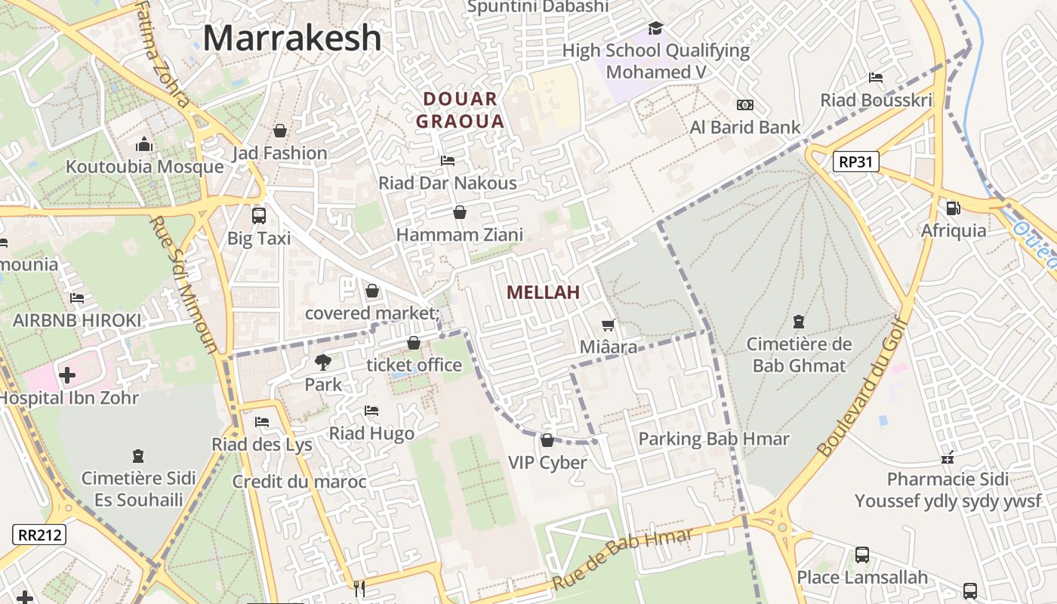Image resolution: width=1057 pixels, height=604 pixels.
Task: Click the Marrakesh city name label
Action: click(292, 38)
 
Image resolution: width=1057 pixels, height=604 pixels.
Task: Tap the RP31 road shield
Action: click(856, 161)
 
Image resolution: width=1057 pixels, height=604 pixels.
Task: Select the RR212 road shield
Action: click(39, 535)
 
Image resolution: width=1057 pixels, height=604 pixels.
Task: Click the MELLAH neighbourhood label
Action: click(543, 292)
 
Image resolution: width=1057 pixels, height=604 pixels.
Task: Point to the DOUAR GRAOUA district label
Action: click(460, 109)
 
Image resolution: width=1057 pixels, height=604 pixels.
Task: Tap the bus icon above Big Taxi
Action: click(259, 215)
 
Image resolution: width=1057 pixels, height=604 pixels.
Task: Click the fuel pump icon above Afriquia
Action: click(953, 208)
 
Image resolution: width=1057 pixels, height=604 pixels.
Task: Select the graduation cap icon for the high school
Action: click(655, 29)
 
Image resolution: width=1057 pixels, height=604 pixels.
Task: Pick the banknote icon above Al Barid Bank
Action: click(744, 105)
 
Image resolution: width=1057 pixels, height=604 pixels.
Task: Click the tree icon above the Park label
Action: click(323, 362)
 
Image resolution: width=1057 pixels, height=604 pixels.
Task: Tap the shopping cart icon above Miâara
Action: click(608, 325)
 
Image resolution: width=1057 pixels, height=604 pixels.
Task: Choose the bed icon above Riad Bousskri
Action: click(876, 78)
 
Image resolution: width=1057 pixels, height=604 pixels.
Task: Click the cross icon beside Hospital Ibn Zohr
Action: click(67, 374)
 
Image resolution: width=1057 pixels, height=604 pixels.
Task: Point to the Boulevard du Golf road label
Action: click(861, 384)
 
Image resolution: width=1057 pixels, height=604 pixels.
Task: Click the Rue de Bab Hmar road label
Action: click(622, 559)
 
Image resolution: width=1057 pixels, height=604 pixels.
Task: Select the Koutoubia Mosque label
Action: click(144, 167)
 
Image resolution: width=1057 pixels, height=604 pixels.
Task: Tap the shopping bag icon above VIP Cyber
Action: click(547, 440)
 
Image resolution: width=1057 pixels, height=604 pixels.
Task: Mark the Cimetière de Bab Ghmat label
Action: click(799, 355)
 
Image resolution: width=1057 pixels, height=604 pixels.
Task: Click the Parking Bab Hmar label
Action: click(713, 439)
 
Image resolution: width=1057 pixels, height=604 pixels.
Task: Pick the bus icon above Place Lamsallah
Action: click(862, 556)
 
